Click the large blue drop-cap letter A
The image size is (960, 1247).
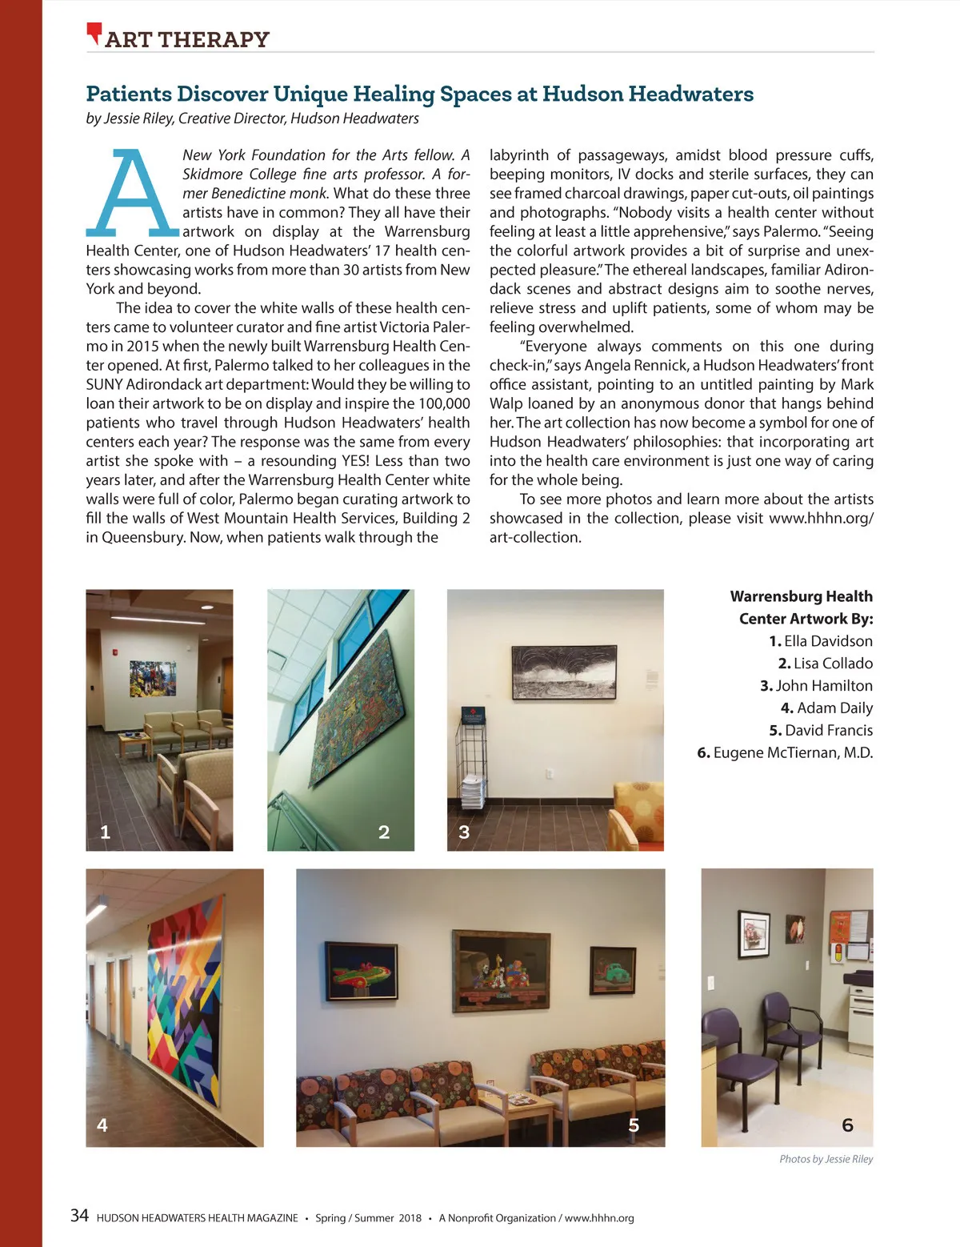tap(132, 192)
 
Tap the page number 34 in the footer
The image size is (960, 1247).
tap(79, 1216)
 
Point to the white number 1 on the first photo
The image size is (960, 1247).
tap(105, 832)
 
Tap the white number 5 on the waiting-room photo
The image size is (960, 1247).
tap(634, 1125)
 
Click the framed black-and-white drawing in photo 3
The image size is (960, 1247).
tap(564, 672)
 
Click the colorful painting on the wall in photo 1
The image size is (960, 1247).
tap(152, 678)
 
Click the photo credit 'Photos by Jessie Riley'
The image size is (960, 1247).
tap(826, 1159)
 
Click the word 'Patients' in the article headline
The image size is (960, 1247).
tap(129, 94)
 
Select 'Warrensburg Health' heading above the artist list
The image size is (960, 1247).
tap(801, 596)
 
